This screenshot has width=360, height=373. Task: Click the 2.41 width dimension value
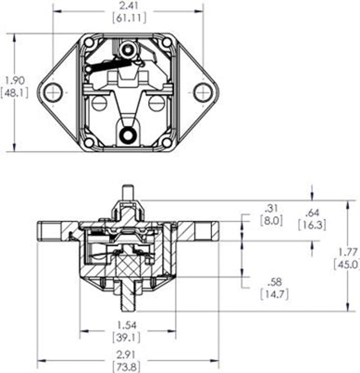(128, 6)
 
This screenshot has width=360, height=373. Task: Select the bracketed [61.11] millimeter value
(128, 17)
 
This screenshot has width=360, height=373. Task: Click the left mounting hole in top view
(52, 92)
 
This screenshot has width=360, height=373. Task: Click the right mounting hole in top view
(202, 92)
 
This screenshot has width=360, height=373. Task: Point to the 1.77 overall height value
(349, 252)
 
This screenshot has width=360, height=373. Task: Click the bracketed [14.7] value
(274, 294)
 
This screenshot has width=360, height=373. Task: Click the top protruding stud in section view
(128, 193)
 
